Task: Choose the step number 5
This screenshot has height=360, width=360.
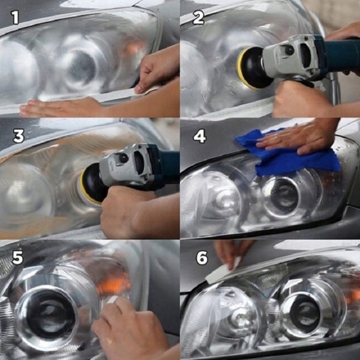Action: pos(17,258)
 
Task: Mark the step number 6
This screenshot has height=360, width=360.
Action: pos(202,258)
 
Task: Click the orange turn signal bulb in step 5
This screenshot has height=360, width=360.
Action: pos(115,282)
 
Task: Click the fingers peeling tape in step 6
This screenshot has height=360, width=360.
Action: pos(231,252)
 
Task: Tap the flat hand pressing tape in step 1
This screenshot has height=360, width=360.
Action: pos(57,108)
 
